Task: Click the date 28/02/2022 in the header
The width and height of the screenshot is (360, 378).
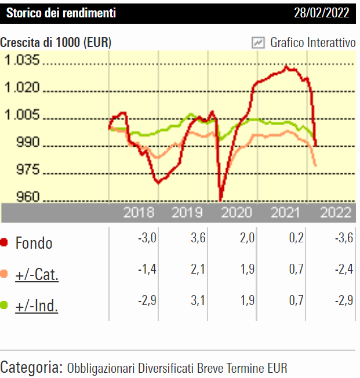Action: tap(322, 13)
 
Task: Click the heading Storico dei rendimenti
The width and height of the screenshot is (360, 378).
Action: tap(61, 13)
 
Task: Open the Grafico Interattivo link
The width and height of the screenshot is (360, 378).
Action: tap(313, 42)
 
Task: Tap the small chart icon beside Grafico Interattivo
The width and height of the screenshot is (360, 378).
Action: tap(258, 42)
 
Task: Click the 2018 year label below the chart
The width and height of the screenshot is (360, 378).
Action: tap(139, 213)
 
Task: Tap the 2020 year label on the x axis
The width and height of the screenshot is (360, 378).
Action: tap(237, 213)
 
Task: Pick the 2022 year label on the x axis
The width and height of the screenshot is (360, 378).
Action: tap(336, 213)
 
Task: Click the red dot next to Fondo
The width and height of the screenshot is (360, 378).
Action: tap(5, 242)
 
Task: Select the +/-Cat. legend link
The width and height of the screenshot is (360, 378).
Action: tap(37, 274)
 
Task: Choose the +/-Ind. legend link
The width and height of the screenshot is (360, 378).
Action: tap(37, 306)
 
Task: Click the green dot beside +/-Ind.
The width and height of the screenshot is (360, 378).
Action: tap(5, 305)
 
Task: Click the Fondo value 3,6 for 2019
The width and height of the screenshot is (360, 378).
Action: tap(198, 239)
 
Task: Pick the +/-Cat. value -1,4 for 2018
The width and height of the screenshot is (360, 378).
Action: tap(148, 270)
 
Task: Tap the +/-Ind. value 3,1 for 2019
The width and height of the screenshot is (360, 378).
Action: tap(198, 301)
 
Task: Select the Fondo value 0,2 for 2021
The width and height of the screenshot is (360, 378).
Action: tap(296, 239)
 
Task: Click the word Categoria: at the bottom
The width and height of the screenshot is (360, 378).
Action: tap(31, 367)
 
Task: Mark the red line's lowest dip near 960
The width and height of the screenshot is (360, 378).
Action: tap(221, 199)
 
